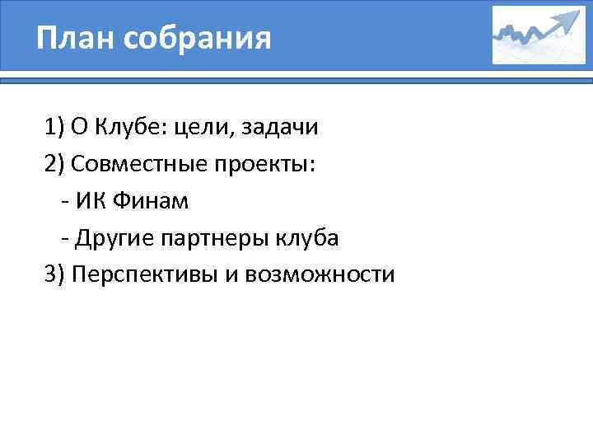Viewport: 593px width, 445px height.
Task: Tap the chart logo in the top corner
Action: point(539,35)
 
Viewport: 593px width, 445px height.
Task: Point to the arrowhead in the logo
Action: point(568,19)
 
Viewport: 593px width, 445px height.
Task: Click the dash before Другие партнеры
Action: point(65,238)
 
